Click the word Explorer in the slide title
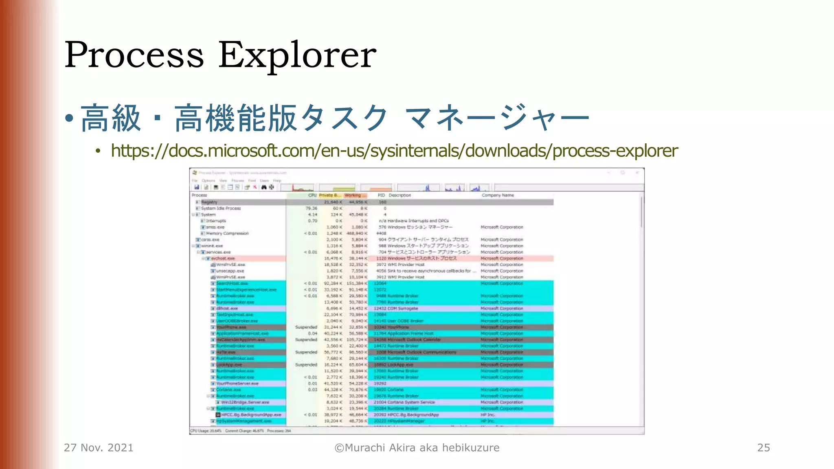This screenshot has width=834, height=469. coord(297,55)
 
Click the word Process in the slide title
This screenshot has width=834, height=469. coord(134,55)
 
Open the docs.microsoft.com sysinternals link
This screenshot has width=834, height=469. coord(394,151)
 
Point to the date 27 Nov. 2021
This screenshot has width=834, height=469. coord(99,448)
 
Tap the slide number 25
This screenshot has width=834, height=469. coord(764,448)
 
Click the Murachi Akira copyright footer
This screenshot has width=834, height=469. coord(417,448)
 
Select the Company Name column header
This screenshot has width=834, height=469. coord(498,195)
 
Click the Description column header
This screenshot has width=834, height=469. coord(399,195)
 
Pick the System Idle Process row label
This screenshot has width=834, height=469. coord(221,208)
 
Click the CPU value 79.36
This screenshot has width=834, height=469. coord(311,208)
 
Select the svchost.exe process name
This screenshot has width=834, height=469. coord(223,259)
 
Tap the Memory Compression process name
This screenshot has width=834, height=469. coord(227,234)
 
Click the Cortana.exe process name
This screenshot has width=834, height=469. coord(228,390)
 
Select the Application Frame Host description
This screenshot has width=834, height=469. coord(410,333)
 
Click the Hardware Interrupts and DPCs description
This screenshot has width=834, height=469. coord(418,221)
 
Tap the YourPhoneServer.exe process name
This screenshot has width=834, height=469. coord(237,384)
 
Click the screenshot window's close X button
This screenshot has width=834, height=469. coord(637,173)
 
